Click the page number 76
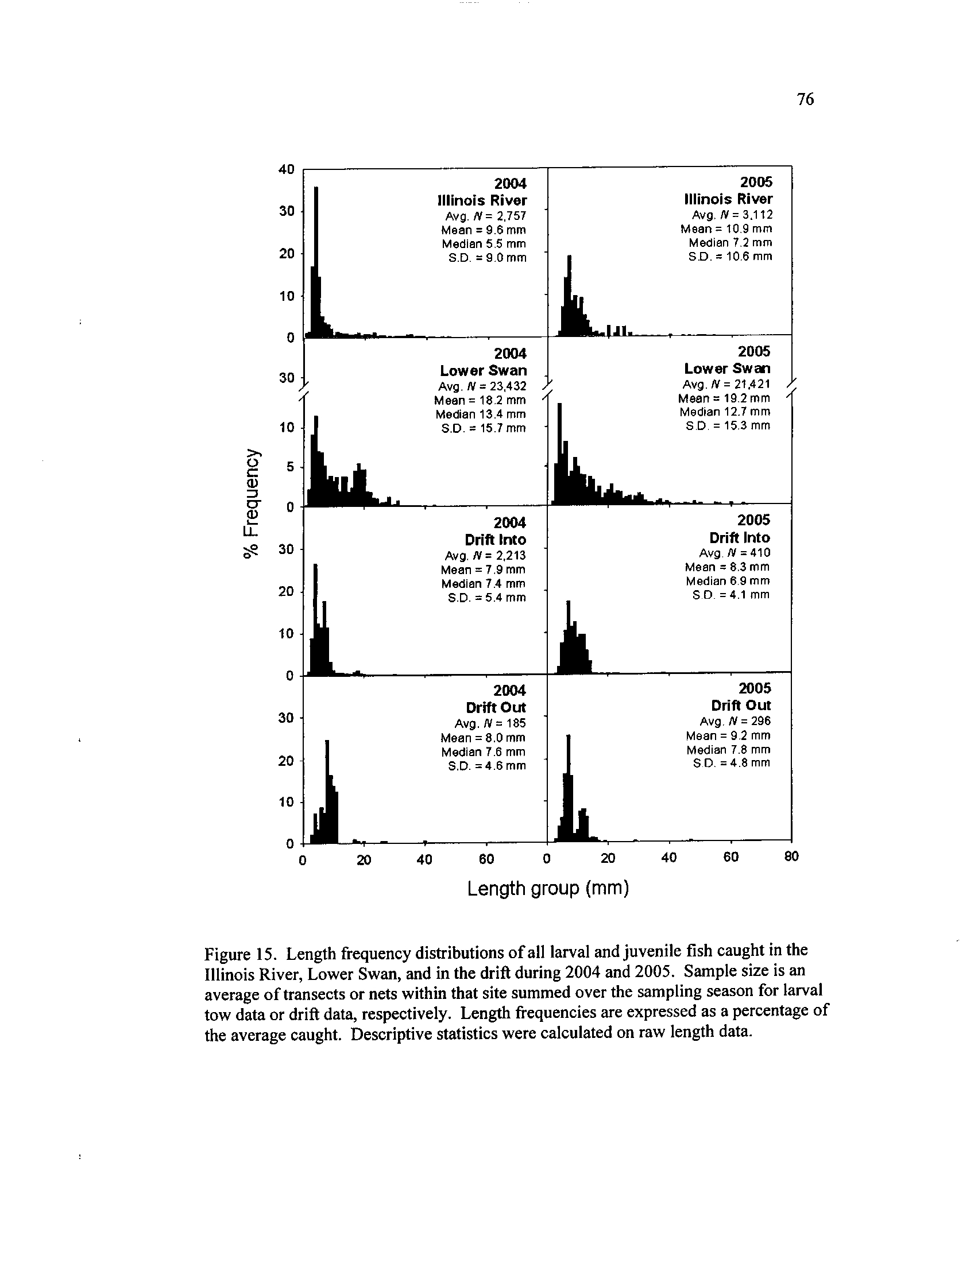tap(805, 100)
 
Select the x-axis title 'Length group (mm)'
tap(547, 888)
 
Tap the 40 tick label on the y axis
tap(287, 169)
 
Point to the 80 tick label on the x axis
tap(791, 857)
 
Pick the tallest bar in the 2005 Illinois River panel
tap(569, 295)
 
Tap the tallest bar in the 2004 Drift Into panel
tap(315, 619)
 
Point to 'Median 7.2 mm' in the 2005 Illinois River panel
tap(730, 242)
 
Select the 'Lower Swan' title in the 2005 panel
tap(727, 369)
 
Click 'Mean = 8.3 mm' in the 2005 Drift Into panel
tap(727, 567)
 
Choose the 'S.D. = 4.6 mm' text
tap(487, 766)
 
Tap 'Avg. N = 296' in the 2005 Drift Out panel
tap(735, 721)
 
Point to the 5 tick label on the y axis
tap(290, 466)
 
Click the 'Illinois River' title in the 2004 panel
tap(482, 200)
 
